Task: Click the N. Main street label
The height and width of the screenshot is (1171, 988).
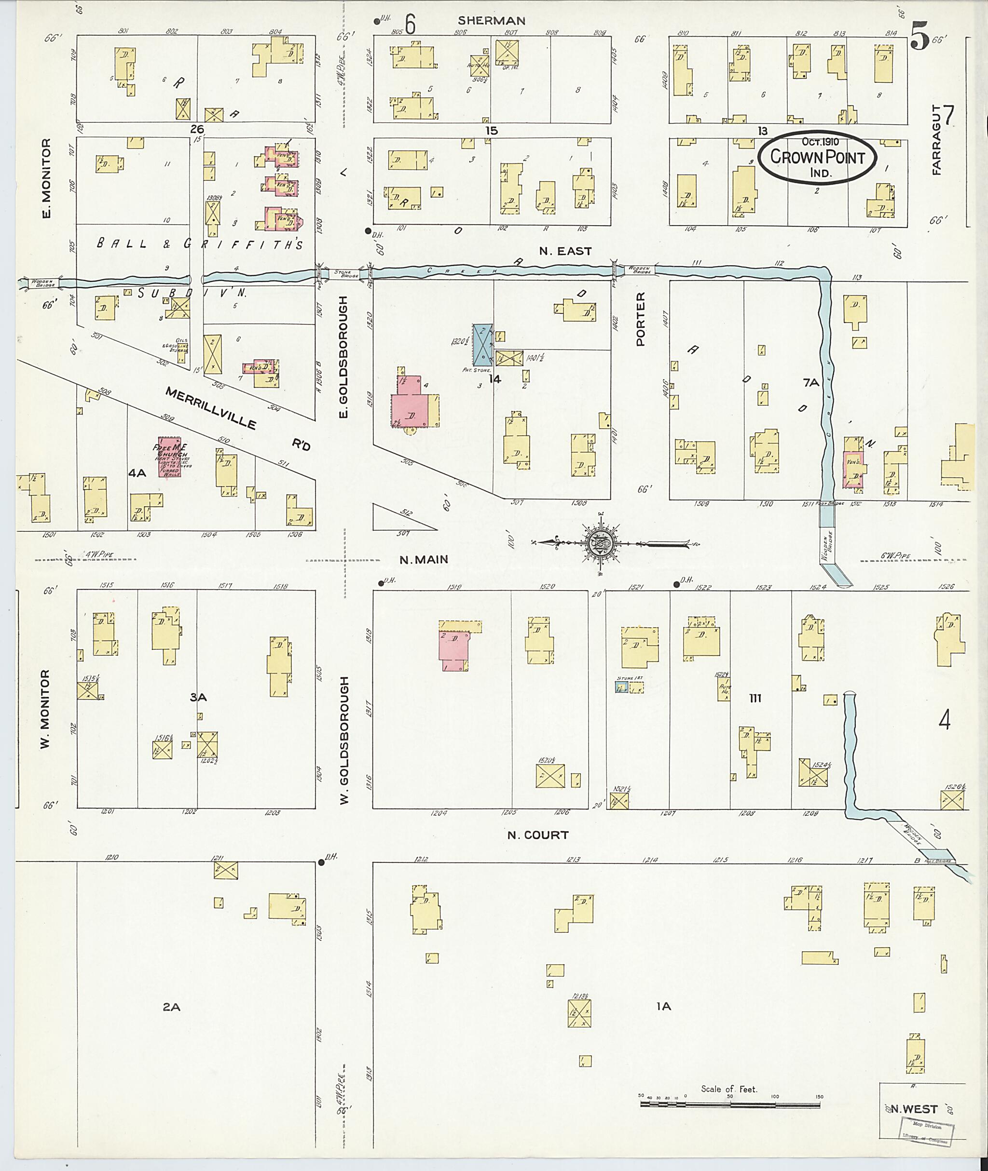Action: (424, 559)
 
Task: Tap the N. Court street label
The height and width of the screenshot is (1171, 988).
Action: (538, 835)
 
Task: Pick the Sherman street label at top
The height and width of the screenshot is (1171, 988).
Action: (491, 21)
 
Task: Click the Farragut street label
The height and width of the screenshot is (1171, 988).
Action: (937, 140)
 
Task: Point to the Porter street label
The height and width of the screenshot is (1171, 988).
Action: (641, 319)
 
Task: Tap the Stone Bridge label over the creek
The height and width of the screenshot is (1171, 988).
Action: (342, 273)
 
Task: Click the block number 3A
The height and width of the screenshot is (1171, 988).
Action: (198, 698)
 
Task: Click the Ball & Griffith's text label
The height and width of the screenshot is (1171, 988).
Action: (200, 244)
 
